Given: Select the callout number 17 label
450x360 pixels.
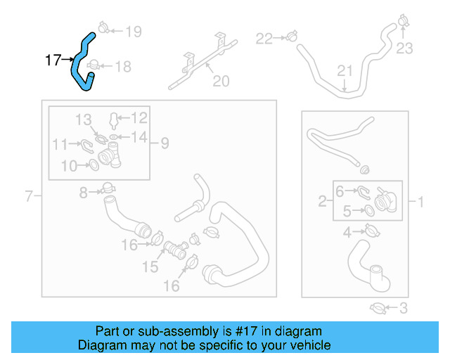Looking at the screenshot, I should pos(53,60).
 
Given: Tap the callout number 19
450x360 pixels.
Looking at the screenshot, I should pos(133,31).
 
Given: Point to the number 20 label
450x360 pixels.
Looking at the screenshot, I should pos(221,82).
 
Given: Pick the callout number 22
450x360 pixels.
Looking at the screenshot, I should pos(264,38).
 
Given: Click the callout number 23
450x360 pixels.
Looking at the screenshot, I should pos(404,48).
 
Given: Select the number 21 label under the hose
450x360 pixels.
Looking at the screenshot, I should pos(344,71).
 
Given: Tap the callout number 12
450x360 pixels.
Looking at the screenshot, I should pos(139,117).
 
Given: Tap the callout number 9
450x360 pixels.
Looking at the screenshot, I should pos(164,143).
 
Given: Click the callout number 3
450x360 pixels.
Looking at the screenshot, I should pos(403,307).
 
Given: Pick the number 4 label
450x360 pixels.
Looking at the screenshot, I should pos(347,233).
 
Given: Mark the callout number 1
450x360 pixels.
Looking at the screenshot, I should pos(421,203).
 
